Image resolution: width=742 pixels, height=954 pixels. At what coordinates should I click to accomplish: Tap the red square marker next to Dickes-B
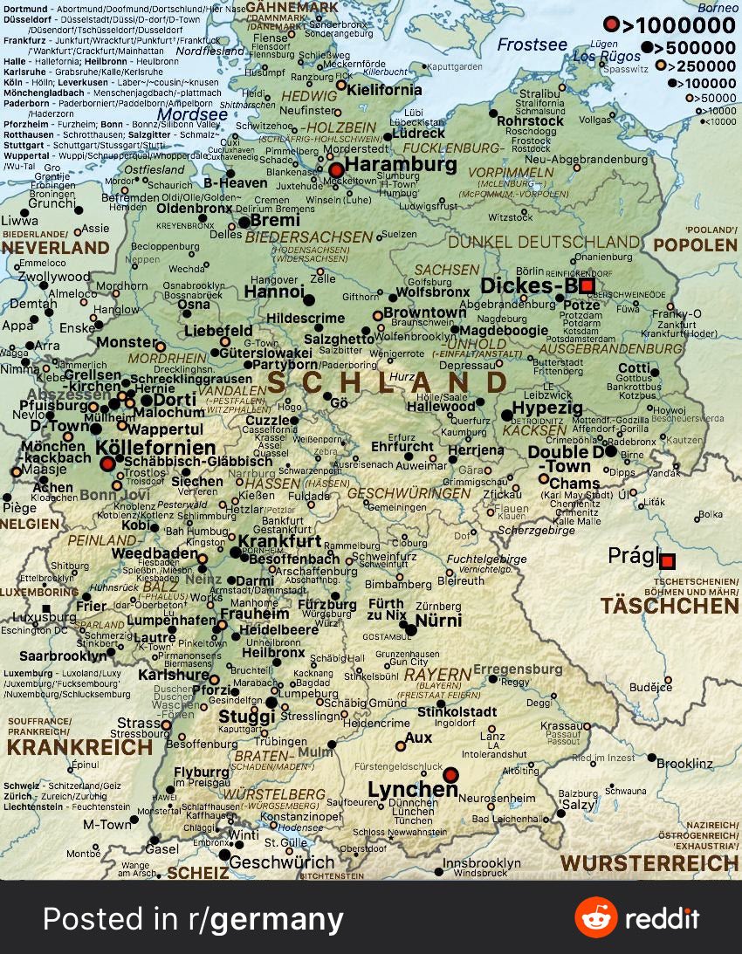point(587,285)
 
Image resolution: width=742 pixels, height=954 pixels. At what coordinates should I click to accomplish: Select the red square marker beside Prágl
point(668,561)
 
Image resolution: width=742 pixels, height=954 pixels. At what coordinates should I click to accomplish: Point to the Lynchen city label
point(412,790)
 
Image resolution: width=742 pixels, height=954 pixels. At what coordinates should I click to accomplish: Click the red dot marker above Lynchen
point(450,774)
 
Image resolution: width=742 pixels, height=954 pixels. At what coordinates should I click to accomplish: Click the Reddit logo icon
point(595,917)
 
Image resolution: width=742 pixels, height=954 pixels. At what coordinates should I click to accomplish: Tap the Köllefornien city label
point(155,448)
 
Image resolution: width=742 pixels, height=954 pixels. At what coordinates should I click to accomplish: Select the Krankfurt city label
point(280,541)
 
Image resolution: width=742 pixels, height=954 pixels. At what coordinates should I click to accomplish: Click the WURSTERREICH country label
point(649,864)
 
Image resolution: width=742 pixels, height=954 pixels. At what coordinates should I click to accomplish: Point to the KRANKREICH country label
point(79,747)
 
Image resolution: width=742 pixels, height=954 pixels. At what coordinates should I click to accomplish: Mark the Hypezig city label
point(547,408)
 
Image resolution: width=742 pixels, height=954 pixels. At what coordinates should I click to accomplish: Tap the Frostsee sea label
point(532,45)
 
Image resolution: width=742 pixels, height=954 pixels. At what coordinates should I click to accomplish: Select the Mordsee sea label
point(193,114)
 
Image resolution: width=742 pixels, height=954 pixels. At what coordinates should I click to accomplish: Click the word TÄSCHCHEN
point(670,606)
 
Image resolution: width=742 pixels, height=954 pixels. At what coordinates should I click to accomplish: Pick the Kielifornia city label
point(384,89)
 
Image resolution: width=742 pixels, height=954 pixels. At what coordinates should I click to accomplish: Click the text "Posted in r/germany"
point(193,918)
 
